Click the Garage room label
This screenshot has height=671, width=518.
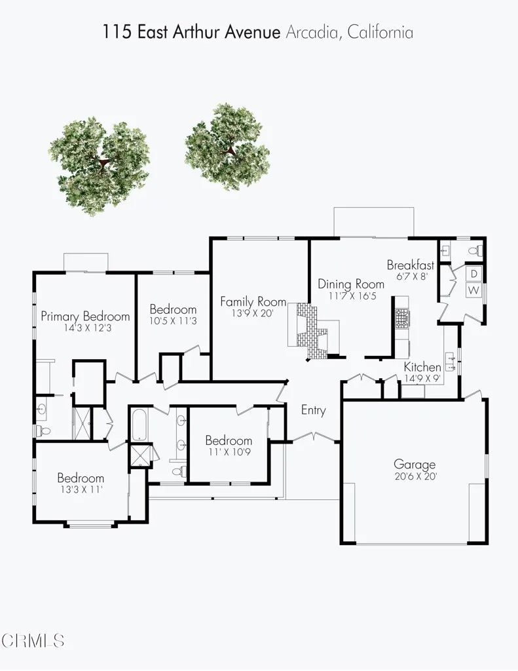pyautogui.click(x=414, y=465)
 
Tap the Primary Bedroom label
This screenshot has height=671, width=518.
pyautogui.click(x=85, y=316)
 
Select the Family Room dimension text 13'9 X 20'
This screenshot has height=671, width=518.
pyautogui.click(x=253, y=313)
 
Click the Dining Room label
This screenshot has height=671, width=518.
pyautogui.click(x=351, y=284)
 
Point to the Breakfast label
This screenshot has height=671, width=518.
pyautogui.click(x=411, y=265)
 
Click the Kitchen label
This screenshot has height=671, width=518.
pyautogui.click(x=422, y=366)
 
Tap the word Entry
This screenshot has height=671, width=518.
pyautogui.click(x=313, y=410)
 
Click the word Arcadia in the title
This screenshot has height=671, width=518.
pyautogui.click(x=311, y=31)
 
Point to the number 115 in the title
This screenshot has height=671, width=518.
pyautogui.click(x=115, y=31)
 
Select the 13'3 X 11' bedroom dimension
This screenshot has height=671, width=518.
pyautogui.click(x=81, y=489)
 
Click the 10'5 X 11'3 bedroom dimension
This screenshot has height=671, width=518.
pyautogui.click(x=173, y=321)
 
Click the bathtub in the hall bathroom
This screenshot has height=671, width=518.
pyautogui.click(x=139, y=425)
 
